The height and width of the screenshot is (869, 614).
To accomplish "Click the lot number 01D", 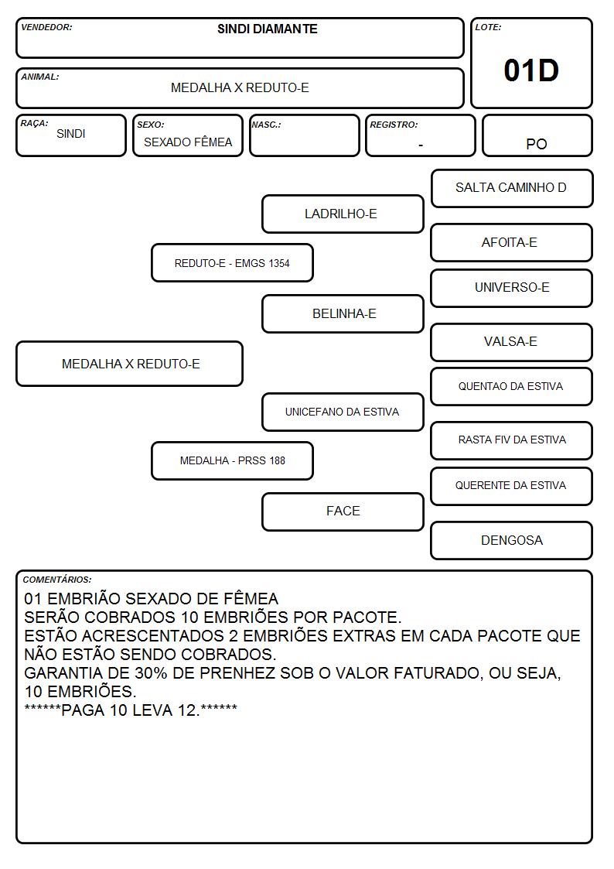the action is [x=531, y=70].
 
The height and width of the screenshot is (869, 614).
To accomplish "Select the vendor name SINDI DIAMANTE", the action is [x=268, y=29].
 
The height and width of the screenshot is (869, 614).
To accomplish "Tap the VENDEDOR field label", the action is [x=46, y=27].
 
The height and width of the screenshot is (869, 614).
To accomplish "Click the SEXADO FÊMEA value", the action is [x=188, y=142].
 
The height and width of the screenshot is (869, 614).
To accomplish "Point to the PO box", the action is [x=537, y=135].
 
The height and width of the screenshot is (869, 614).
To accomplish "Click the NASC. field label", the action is [x=266, y=125].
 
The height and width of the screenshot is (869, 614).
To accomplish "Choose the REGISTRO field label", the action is [x=394, y=125].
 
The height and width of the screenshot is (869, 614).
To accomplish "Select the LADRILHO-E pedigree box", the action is [x=343, y=214].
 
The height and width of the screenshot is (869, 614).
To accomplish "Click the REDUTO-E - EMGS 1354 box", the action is [x=233, y=262].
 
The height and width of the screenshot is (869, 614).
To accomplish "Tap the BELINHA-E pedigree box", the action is [x=343, y=313].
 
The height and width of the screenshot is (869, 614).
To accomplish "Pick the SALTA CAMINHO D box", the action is [x=512, y=189].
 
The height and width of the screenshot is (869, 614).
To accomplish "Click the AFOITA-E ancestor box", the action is [x=512, y=242].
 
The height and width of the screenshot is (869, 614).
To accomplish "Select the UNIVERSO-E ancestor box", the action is [x=512, y=288].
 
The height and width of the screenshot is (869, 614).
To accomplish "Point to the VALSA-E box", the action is [x=512, y=342].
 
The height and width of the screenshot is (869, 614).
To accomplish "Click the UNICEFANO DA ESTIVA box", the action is [x=343, y=412].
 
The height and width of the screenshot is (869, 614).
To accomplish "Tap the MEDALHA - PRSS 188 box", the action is [x=233, y=460].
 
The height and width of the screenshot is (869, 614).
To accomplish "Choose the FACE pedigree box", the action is [x=343, y=511].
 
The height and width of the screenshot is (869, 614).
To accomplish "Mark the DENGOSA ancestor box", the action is [x=512, y=540].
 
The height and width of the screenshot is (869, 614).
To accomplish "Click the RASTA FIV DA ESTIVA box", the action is [x=512, y=440].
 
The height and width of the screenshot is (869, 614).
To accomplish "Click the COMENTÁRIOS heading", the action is [x=57, y=580].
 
